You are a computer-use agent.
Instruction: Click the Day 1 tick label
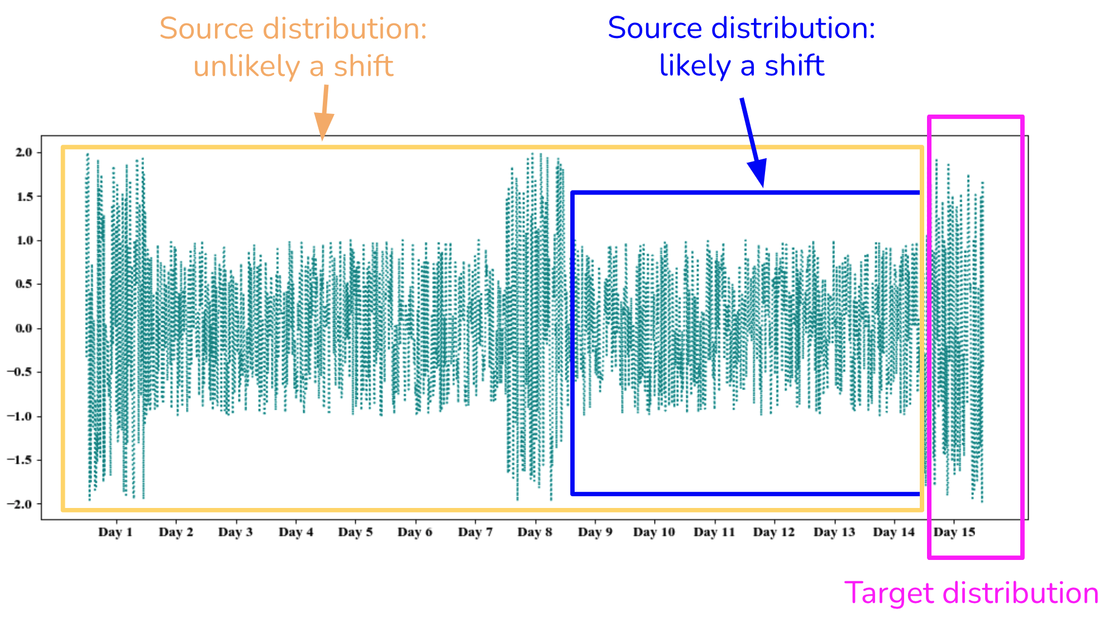[115, 532]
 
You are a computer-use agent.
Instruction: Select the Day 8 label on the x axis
[534, 532]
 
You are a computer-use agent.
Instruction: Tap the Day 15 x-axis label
[954, 532]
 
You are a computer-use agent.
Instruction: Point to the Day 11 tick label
[714, 532]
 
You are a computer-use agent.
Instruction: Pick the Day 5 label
[355, 532]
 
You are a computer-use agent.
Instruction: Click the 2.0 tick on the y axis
[24, 153]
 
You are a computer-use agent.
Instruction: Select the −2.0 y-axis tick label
[20, 504]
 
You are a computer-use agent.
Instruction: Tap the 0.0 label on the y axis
[24, 329]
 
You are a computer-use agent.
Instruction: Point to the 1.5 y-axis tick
[24, 197]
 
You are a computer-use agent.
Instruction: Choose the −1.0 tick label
[20, 416]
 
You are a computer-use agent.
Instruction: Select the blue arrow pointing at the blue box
[752, 142]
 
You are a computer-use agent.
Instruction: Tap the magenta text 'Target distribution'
[971, 593]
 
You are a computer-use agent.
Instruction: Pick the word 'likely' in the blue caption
[695, 65]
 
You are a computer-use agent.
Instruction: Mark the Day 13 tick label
[834, 532]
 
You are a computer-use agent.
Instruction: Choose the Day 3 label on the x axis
[235, 532]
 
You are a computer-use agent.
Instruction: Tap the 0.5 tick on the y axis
[24, 284]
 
